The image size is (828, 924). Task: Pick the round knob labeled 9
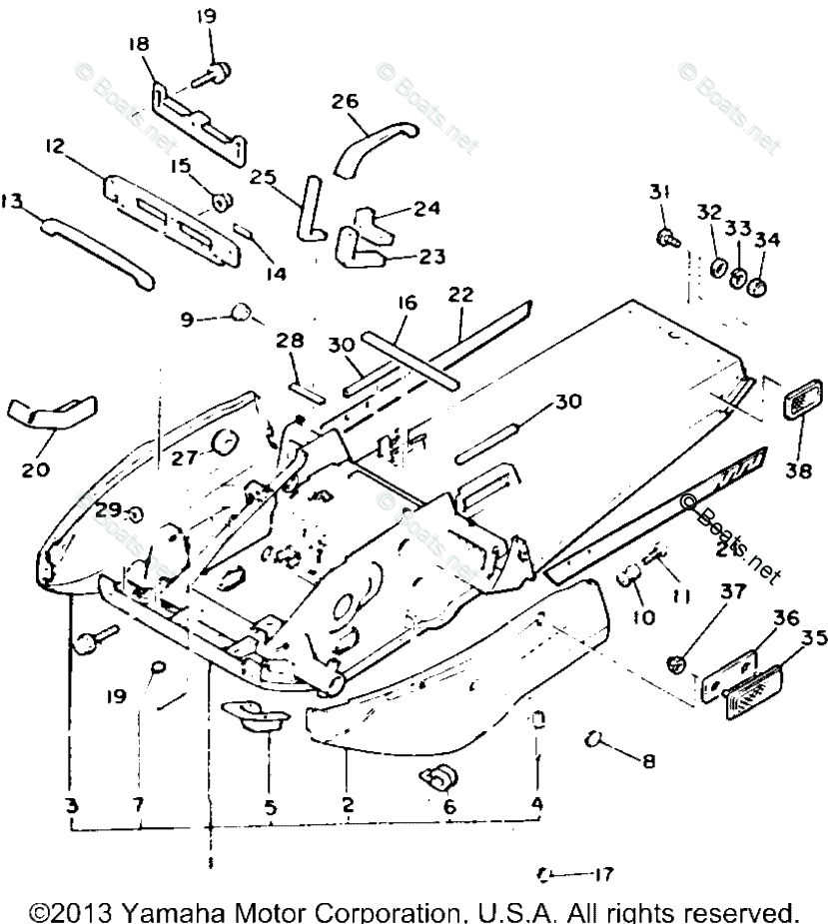pos(242,313)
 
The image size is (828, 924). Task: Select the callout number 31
pos(657,192)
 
